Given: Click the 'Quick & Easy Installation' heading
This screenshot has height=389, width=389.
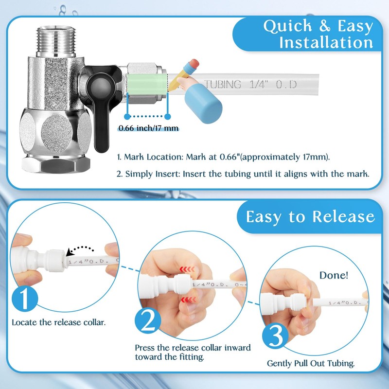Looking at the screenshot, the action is coord(318,34).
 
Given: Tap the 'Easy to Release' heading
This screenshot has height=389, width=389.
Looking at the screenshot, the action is coord(310,216).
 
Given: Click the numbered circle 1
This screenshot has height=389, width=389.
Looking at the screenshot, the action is coord(24,300).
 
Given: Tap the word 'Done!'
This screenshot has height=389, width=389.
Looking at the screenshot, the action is coord(334,275).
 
